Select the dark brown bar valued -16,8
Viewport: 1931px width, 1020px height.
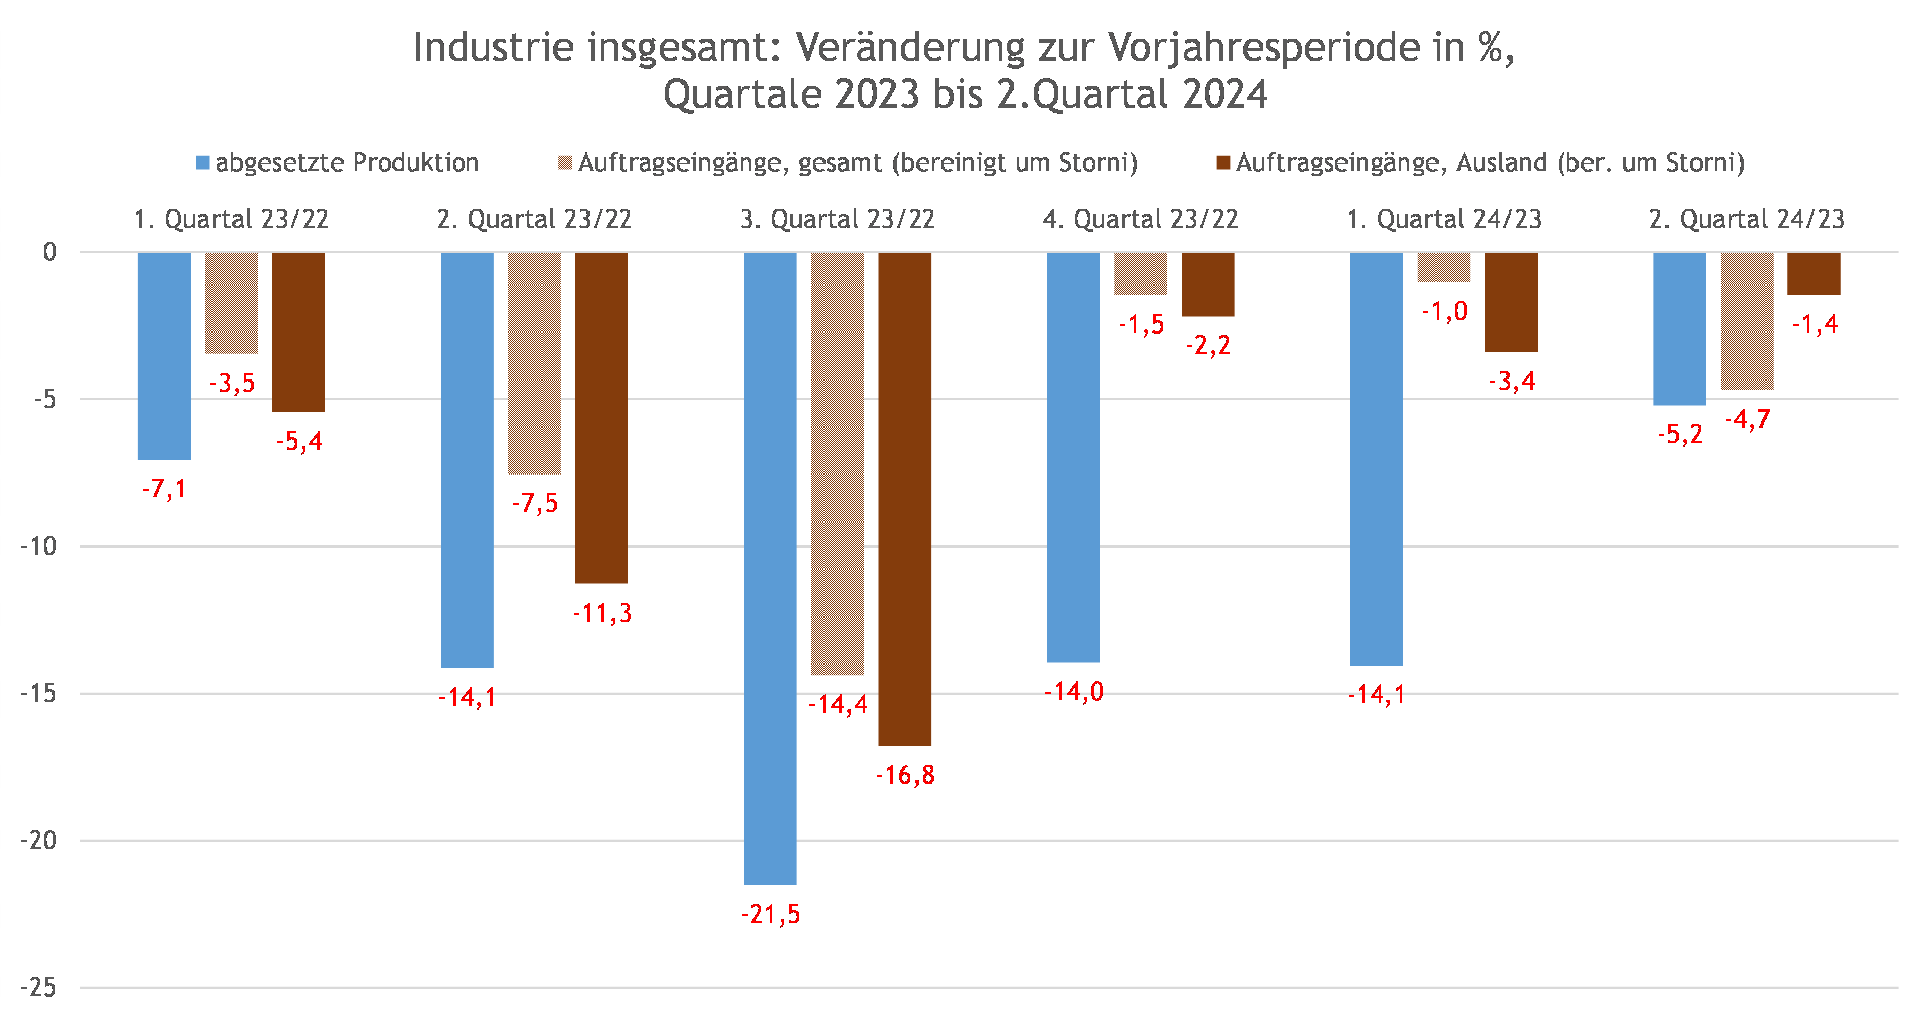pos(904,499)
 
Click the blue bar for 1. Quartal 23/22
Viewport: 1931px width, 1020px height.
pos(164,356)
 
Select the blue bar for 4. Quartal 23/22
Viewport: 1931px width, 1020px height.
pos(1073,457)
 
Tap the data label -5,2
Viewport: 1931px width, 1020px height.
pos(1680,435)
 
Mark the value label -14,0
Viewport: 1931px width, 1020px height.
pos(1073,692)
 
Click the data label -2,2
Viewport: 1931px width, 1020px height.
pos(1208,345)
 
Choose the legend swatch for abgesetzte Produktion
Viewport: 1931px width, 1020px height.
pos(202,162)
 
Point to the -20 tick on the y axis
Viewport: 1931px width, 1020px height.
pos(39,840)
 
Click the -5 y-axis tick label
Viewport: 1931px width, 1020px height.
pos(45,399)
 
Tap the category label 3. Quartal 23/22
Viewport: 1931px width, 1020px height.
pos(837,219)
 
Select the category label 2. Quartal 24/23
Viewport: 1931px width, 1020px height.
pos(1746,219)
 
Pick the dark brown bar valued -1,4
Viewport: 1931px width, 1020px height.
pos(1814,274)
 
